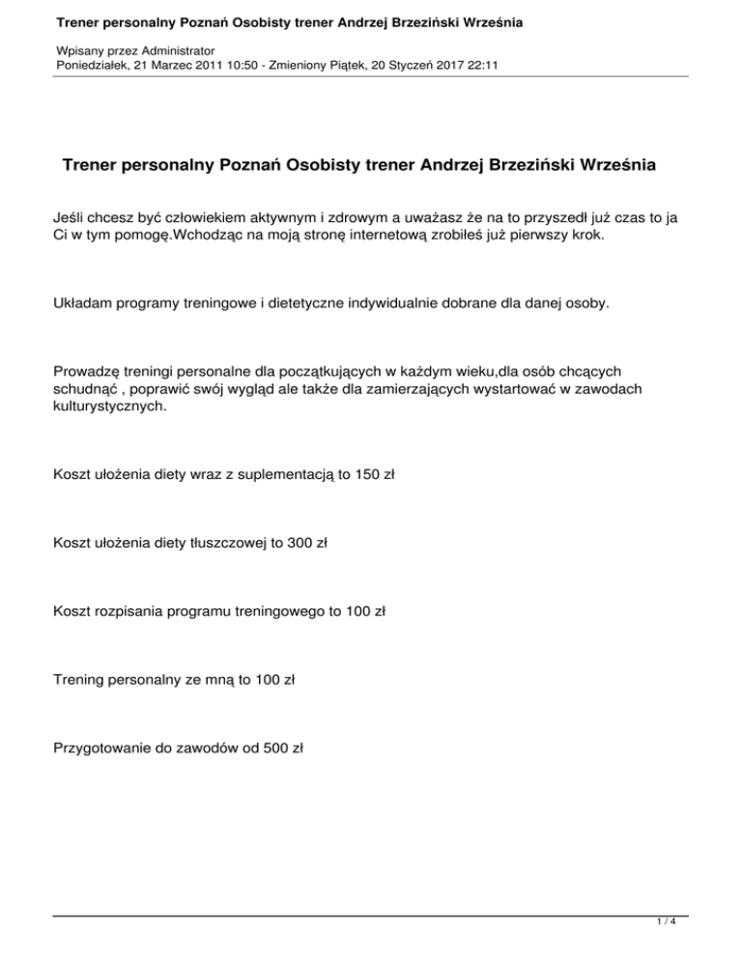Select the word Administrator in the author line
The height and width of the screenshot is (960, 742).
point(170,48)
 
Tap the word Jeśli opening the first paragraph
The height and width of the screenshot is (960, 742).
point(71,220)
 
